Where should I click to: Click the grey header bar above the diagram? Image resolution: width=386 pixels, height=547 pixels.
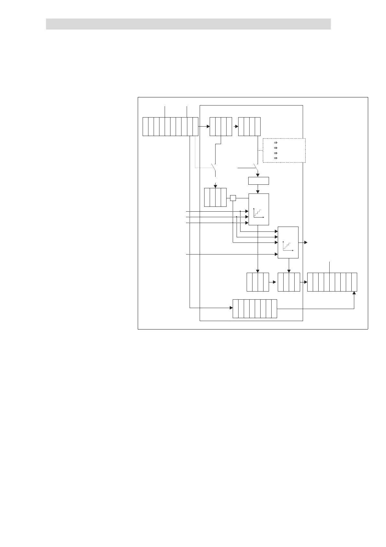click(188, 24)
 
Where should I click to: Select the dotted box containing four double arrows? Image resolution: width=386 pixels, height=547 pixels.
click(284, 150)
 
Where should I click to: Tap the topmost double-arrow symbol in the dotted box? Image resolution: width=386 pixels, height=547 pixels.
click(276, 143)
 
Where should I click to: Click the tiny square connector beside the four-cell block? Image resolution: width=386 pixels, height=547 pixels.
click(233, 198)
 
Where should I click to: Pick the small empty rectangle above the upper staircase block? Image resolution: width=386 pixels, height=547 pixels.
click(258, 181)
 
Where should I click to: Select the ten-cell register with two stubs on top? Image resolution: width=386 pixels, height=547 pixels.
click(170, 127)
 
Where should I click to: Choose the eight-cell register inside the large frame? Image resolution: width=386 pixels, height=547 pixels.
click(255, 309)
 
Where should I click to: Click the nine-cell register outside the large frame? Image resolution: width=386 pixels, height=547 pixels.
click(332, 282)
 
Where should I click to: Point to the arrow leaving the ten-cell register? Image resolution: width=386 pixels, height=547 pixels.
click(207, 126)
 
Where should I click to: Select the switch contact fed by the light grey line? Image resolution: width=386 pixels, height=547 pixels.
click(213, 168)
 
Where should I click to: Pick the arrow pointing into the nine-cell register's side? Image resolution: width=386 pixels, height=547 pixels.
click(305, 282)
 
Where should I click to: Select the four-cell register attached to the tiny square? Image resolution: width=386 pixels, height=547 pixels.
click(215, 197)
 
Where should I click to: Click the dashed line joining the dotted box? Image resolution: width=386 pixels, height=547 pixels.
click(260, 151)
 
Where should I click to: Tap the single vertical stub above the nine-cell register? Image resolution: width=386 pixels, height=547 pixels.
click(330, 267)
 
